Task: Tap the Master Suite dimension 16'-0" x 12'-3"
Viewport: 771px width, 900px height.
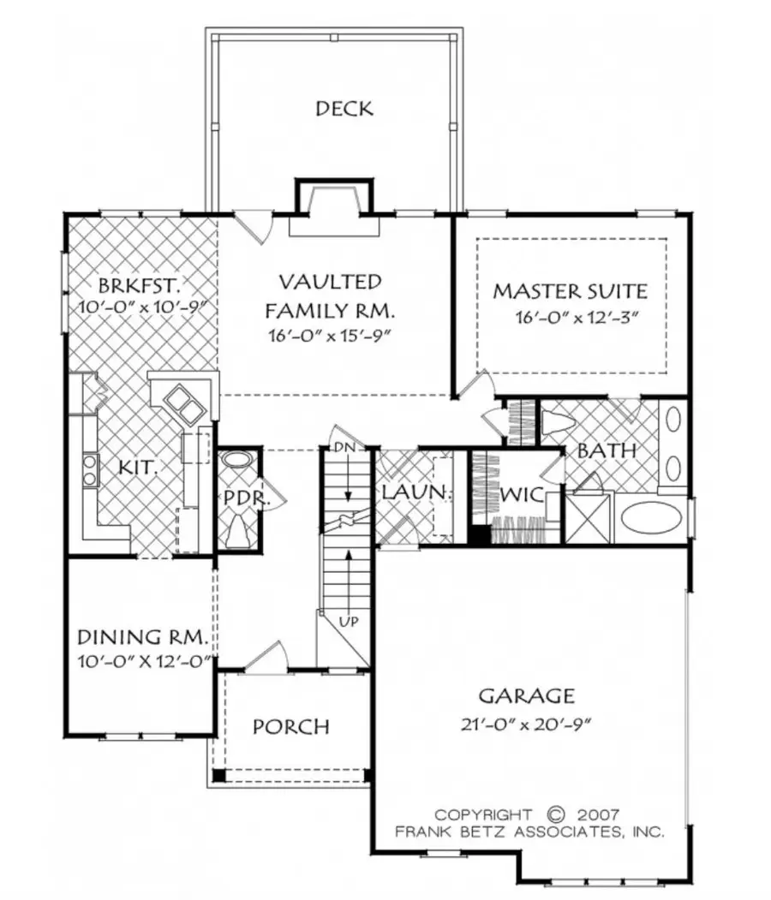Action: pos(578,318)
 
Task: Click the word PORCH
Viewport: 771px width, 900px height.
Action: pos(291,727)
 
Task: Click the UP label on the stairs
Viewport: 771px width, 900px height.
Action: pos(348,618)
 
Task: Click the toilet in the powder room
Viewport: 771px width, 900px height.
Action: pos(237,532)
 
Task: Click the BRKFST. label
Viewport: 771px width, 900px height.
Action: pos(140,284)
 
